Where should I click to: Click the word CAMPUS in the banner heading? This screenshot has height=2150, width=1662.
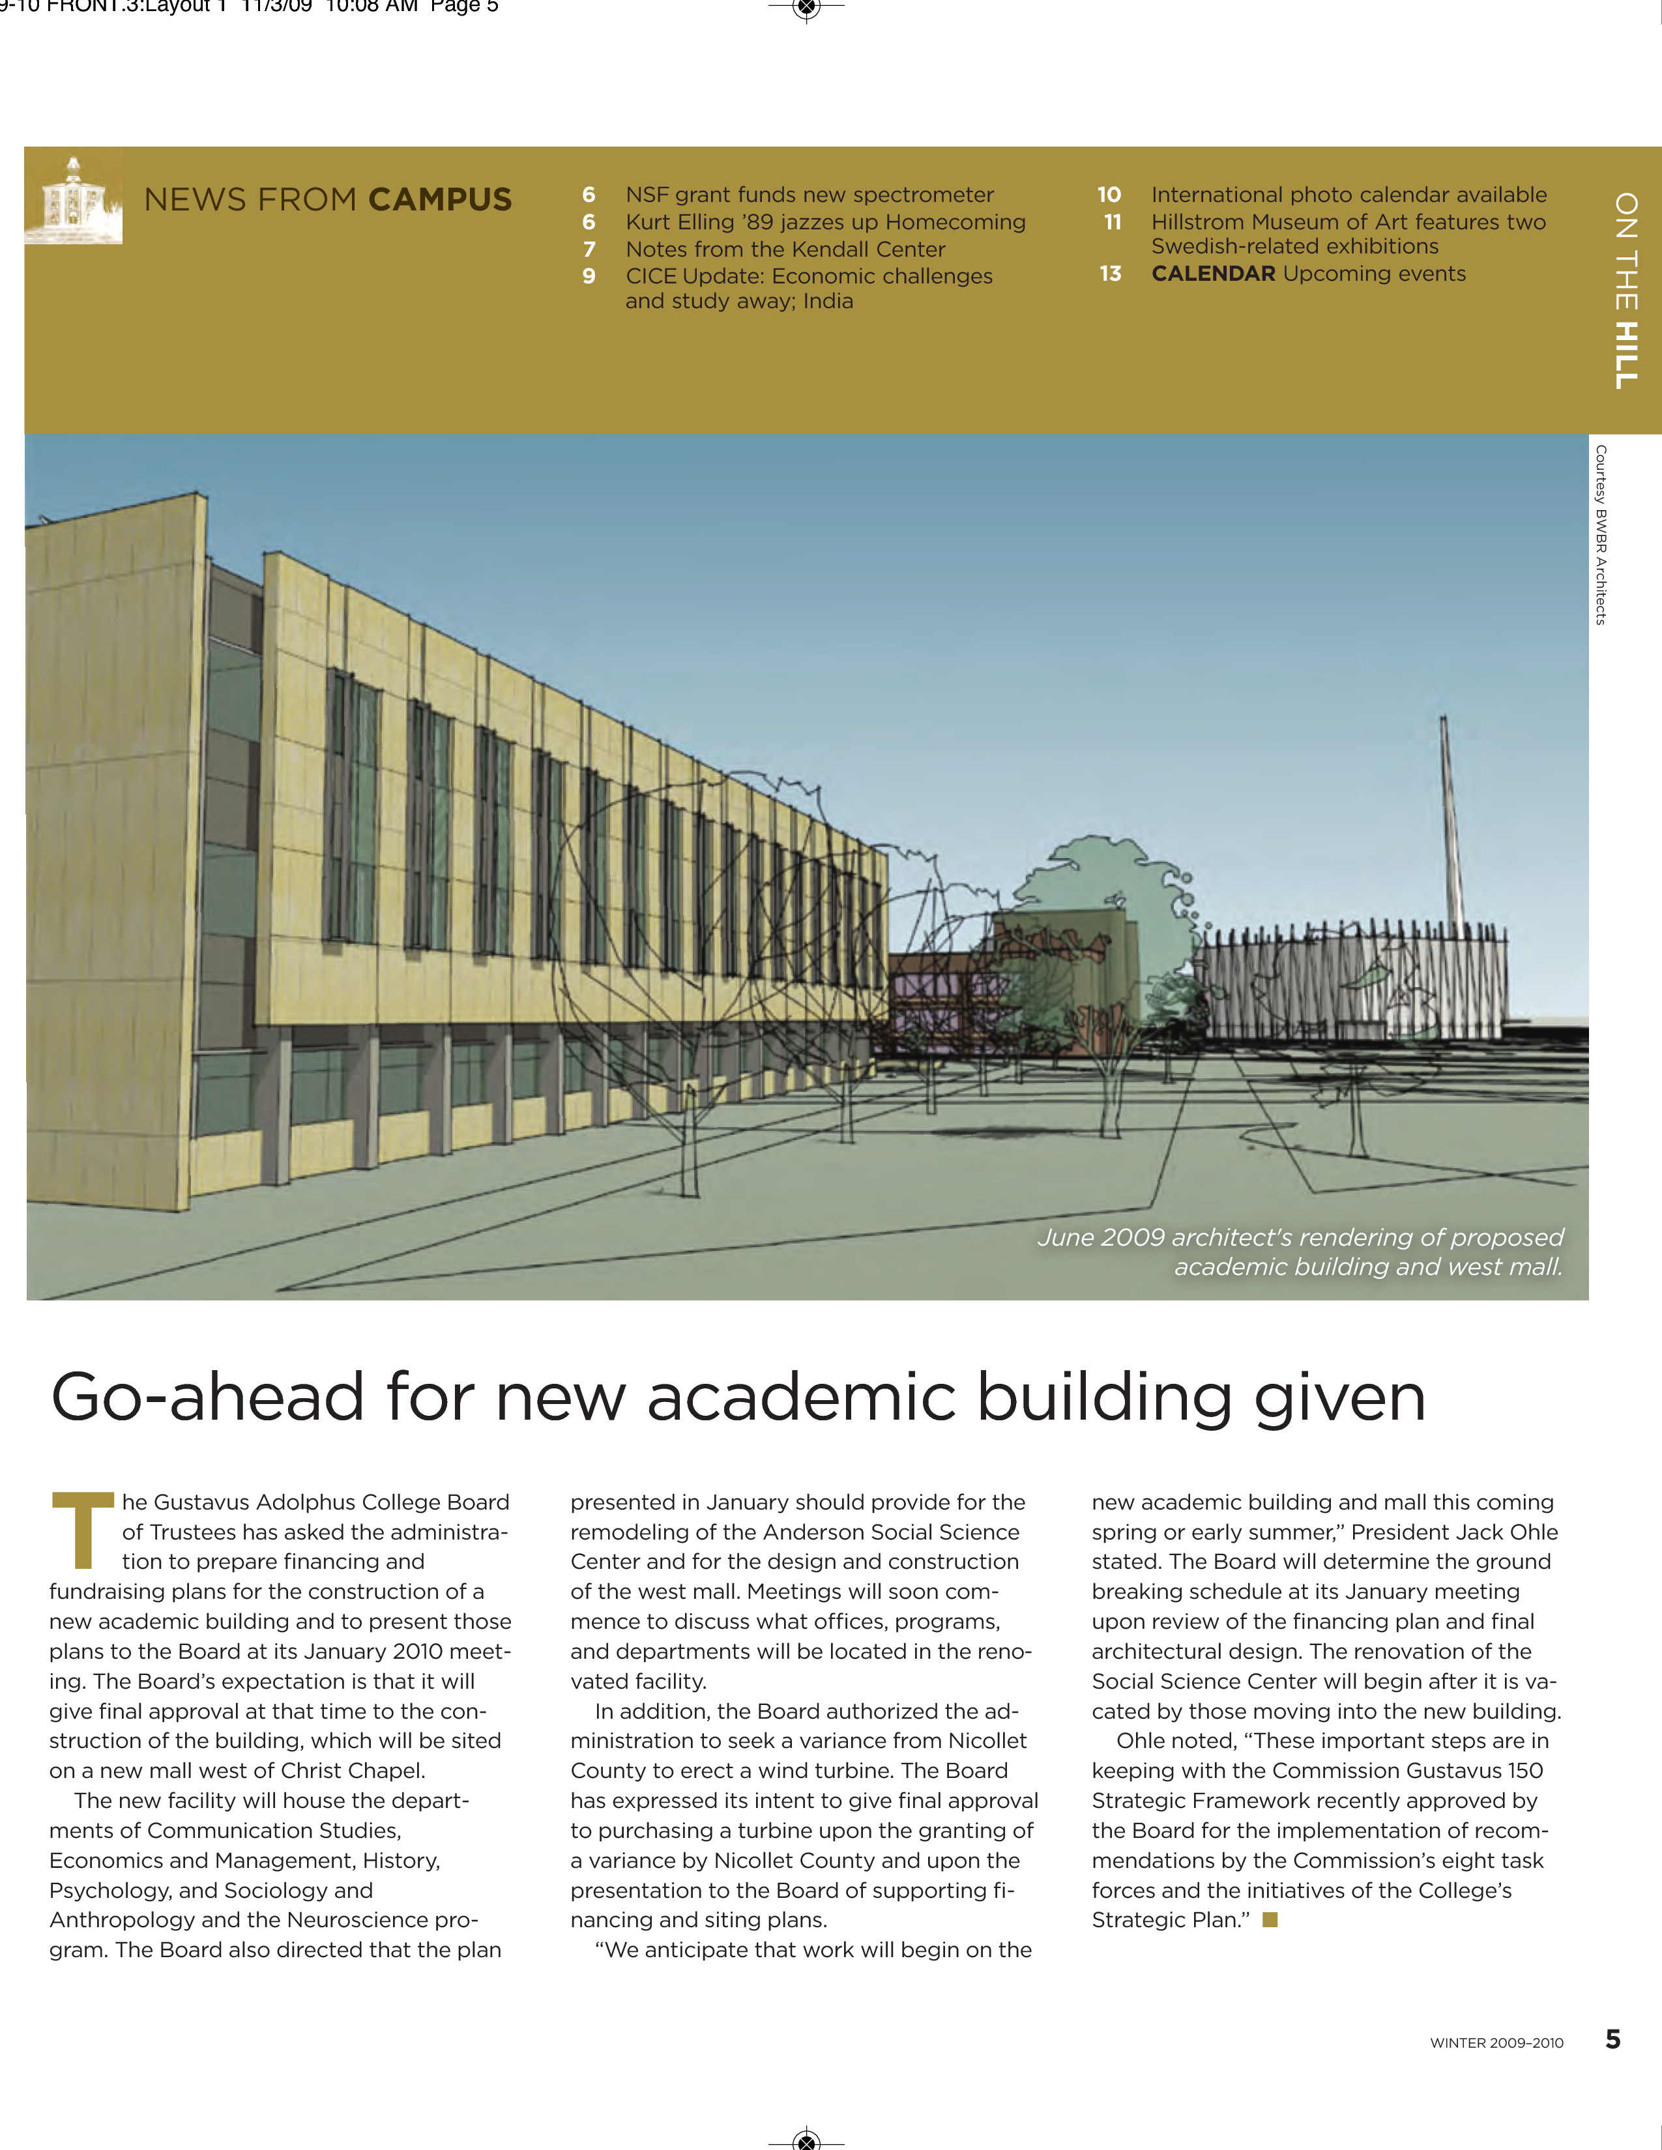[x=439, y=200]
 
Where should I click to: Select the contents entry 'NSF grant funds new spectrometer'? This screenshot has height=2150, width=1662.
[x=809, y=195]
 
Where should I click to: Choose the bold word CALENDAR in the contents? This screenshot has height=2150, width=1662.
[x=1213, y=274]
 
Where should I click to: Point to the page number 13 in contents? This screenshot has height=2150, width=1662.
[x=1111, y=274]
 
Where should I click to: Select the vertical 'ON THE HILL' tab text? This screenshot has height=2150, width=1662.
[x=1627, y=291]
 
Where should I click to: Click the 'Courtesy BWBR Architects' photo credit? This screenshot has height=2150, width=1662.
[x=1601, y=534]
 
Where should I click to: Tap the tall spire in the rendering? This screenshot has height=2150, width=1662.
[x=1450, y=817]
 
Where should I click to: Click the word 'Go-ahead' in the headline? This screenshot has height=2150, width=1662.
[x=207, y=1398]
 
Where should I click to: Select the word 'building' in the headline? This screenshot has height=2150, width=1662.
[x=1103, y=1398]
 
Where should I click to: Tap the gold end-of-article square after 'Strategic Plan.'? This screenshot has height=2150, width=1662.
[x=1270, y=1919]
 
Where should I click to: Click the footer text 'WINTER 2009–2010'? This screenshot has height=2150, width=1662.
[x=1496, y=2042]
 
